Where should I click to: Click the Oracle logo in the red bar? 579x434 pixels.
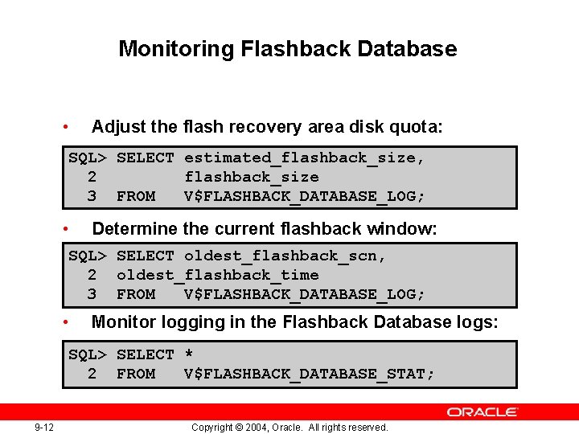tap(482, 412)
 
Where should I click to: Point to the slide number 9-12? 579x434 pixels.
tap(44, 427)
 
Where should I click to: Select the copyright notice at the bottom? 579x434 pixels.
tap(289, 427)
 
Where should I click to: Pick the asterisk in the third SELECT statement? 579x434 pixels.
tap(189, 354)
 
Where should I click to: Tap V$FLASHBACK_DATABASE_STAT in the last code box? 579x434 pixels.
tap(309, 374)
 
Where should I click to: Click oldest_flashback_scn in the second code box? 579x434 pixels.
tap(285, 256)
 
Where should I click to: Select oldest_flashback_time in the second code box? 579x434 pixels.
tap(217, 275)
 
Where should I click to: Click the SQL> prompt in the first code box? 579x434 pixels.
tap(88, 158)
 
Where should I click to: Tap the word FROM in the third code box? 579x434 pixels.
tap(136, 374)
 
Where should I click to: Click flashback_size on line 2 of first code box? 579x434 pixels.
tap(251, 177)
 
